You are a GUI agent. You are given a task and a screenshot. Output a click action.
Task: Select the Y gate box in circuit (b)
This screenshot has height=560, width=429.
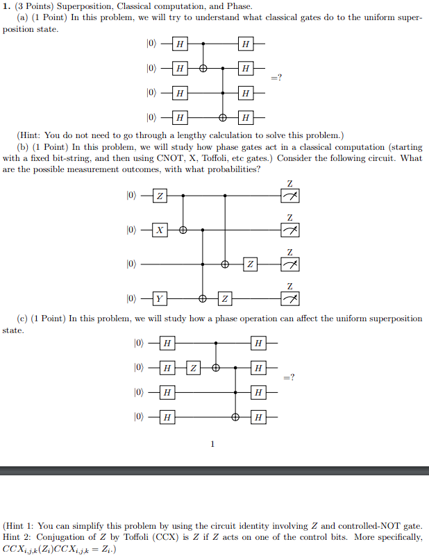point(160,299)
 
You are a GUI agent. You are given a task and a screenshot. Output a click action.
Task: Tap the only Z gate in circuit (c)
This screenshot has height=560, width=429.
point(194,367)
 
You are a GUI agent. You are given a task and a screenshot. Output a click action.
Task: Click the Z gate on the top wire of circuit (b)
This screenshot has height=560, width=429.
point(160,196)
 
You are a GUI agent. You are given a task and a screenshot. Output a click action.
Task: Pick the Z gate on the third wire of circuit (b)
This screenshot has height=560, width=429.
point(251,264)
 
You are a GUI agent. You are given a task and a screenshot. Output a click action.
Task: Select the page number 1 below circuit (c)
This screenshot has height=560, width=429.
point(213,444)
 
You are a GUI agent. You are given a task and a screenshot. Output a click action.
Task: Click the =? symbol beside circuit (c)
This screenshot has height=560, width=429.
point(289,378)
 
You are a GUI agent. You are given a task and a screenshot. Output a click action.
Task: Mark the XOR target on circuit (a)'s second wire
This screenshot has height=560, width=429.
point(203,69)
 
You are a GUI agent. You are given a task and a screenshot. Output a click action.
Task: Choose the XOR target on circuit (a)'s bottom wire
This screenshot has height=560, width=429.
point(222,116)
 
